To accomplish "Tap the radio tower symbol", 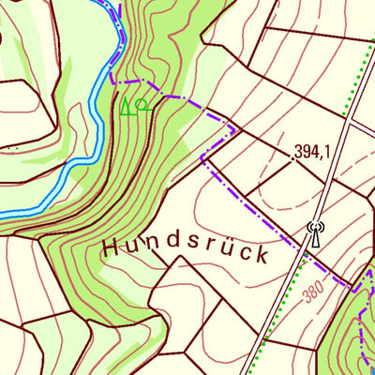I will pyautogui.click(x=314, y=232).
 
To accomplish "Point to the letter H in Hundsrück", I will pyautogui.click(x=110, y=247).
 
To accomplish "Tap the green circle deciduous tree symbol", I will pyautogui.click(x=142, y=103).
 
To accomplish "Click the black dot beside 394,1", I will pyautogui.click(x=292, y=158).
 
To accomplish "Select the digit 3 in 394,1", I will pyautogui.click(x=299, y=151).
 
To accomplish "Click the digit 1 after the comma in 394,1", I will pyautogui.click(x=331, y=151).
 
